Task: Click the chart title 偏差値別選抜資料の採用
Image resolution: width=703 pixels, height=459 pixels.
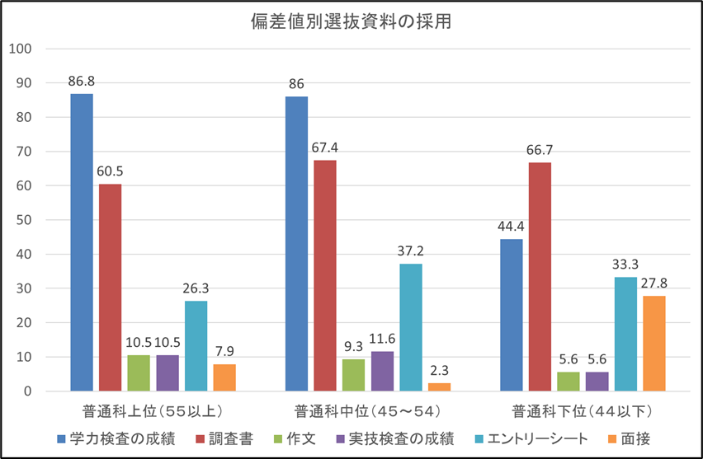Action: click(351, 22)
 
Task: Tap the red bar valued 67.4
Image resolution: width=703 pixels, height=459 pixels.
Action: click(325, 275)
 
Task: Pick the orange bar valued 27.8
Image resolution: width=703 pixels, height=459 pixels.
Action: click(653, 343)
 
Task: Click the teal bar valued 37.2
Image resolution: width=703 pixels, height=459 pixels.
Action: click(411, 327)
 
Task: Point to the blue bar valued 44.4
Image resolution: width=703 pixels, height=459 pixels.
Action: click(512, 315)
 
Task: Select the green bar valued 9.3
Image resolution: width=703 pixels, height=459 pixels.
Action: click(354, 375)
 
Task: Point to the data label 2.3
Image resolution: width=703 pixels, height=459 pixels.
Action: click(439, 370)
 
